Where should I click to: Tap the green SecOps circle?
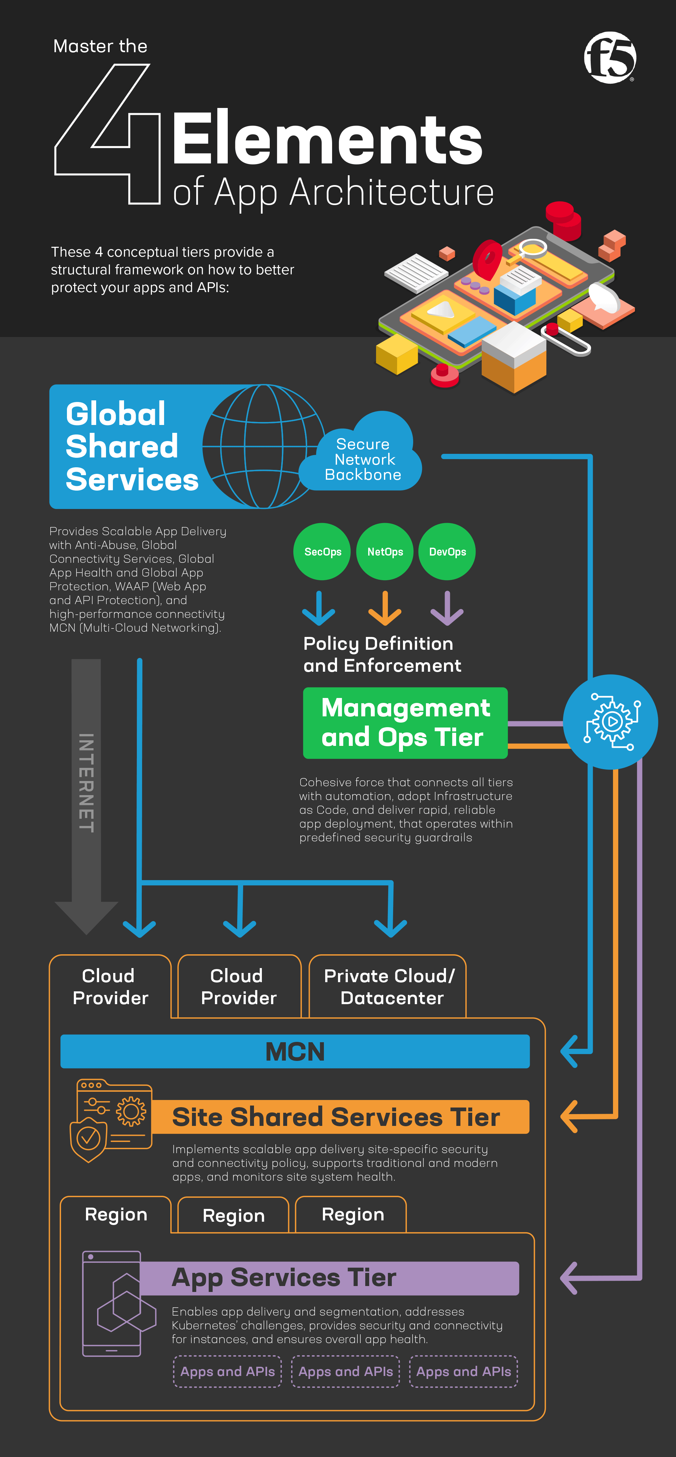coord(322,552)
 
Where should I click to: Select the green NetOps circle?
coord(385,552)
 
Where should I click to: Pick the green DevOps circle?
coord(447,552)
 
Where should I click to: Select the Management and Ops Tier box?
coord(405,723)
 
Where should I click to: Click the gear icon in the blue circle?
coord(611,722)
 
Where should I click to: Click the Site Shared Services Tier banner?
coord(336,1117)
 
